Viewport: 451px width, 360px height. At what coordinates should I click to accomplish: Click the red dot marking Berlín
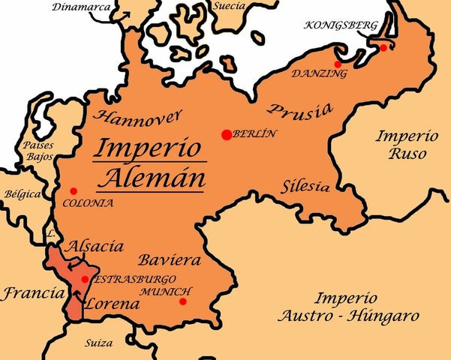click(226, 134)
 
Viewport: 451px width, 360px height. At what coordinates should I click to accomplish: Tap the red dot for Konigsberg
click(383, 48)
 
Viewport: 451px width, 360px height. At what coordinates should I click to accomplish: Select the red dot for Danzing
click(338, 64)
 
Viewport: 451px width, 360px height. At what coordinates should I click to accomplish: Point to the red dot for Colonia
click(73, 191)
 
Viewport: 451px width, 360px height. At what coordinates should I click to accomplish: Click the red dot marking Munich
click(183, 301)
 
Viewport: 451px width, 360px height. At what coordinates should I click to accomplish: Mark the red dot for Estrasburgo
click(85, 279)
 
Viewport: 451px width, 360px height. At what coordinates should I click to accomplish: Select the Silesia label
click(305, 185)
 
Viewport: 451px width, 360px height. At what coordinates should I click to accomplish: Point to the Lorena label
click(113, 305)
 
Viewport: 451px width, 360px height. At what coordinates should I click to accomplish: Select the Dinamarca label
click(80, 7)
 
